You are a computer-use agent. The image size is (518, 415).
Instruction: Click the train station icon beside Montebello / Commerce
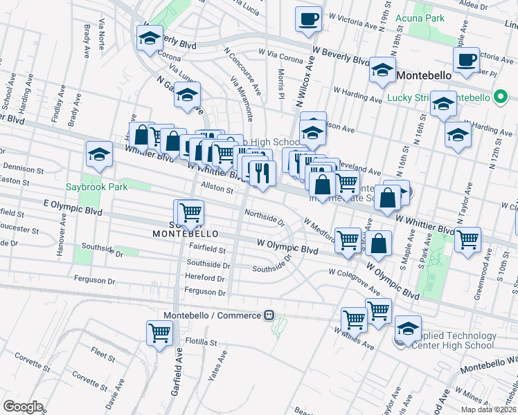coord(270,315)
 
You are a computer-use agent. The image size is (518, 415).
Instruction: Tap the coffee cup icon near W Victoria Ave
coord(308,19)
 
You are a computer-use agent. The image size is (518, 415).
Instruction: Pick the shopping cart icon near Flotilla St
coord(160,333)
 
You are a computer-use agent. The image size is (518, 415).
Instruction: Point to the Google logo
coord(23,406)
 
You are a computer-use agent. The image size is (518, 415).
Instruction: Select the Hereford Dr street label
coord(206,277)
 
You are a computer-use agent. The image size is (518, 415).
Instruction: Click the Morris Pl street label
coord(281,83)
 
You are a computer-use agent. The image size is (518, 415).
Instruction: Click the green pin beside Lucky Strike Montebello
coord(498,98)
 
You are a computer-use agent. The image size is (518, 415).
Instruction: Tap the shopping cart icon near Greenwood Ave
coord(469,239)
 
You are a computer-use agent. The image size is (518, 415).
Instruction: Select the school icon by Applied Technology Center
coord(408,327)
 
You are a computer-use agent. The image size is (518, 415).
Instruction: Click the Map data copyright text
coord(488,409)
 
